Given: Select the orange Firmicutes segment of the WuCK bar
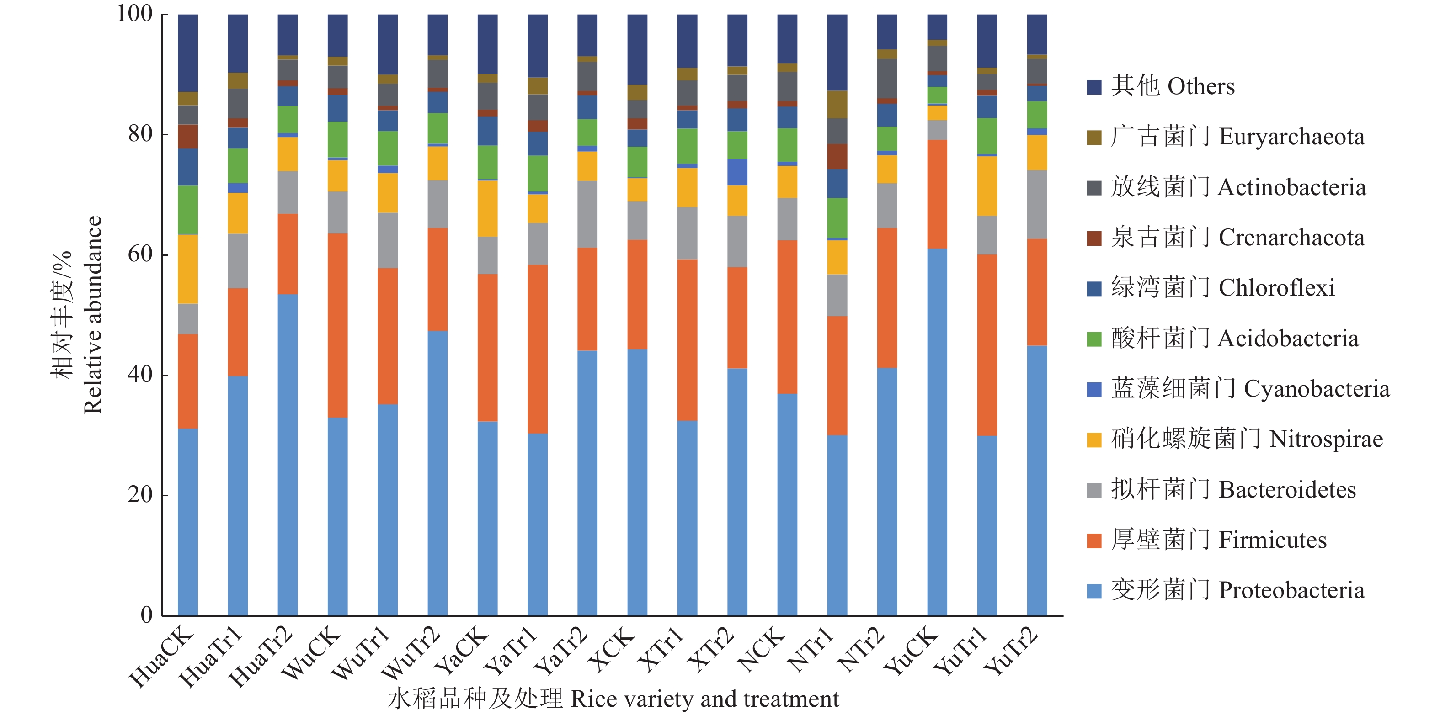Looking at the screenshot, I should click(x=338, y=325).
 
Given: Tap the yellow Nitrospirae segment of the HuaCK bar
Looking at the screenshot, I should click(x=188, y=269).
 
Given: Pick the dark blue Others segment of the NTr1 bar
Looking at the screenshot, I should click(x=837, y=53).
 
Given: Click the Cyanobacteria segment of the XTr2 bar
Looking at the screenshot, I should click(x=737, y=172).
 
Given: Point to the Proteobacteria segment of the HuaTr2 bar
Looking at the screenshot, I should click(x=288, y=455).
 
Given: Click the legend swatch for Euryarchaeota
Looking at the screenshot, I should click(x=1094, y=138).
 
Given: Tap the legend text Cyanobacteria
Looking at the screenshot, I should click(x=1316, y=389).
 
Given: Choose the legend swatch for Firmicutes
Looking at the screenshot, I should click(x=1094, y=541).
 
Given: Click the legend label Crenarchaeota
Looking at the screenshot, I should click(x=1291, y=238).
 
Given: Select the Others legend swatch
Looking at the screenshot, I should click(x=1094, y=87).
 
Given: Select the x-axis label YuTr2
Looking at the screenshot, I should click(x=1011, y=651).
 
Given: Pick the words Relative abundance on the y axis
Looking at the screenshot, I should click(x=93, y=314).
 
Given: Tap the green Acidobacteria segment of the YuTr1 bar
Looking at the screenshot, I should click(x=987, y=136).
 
